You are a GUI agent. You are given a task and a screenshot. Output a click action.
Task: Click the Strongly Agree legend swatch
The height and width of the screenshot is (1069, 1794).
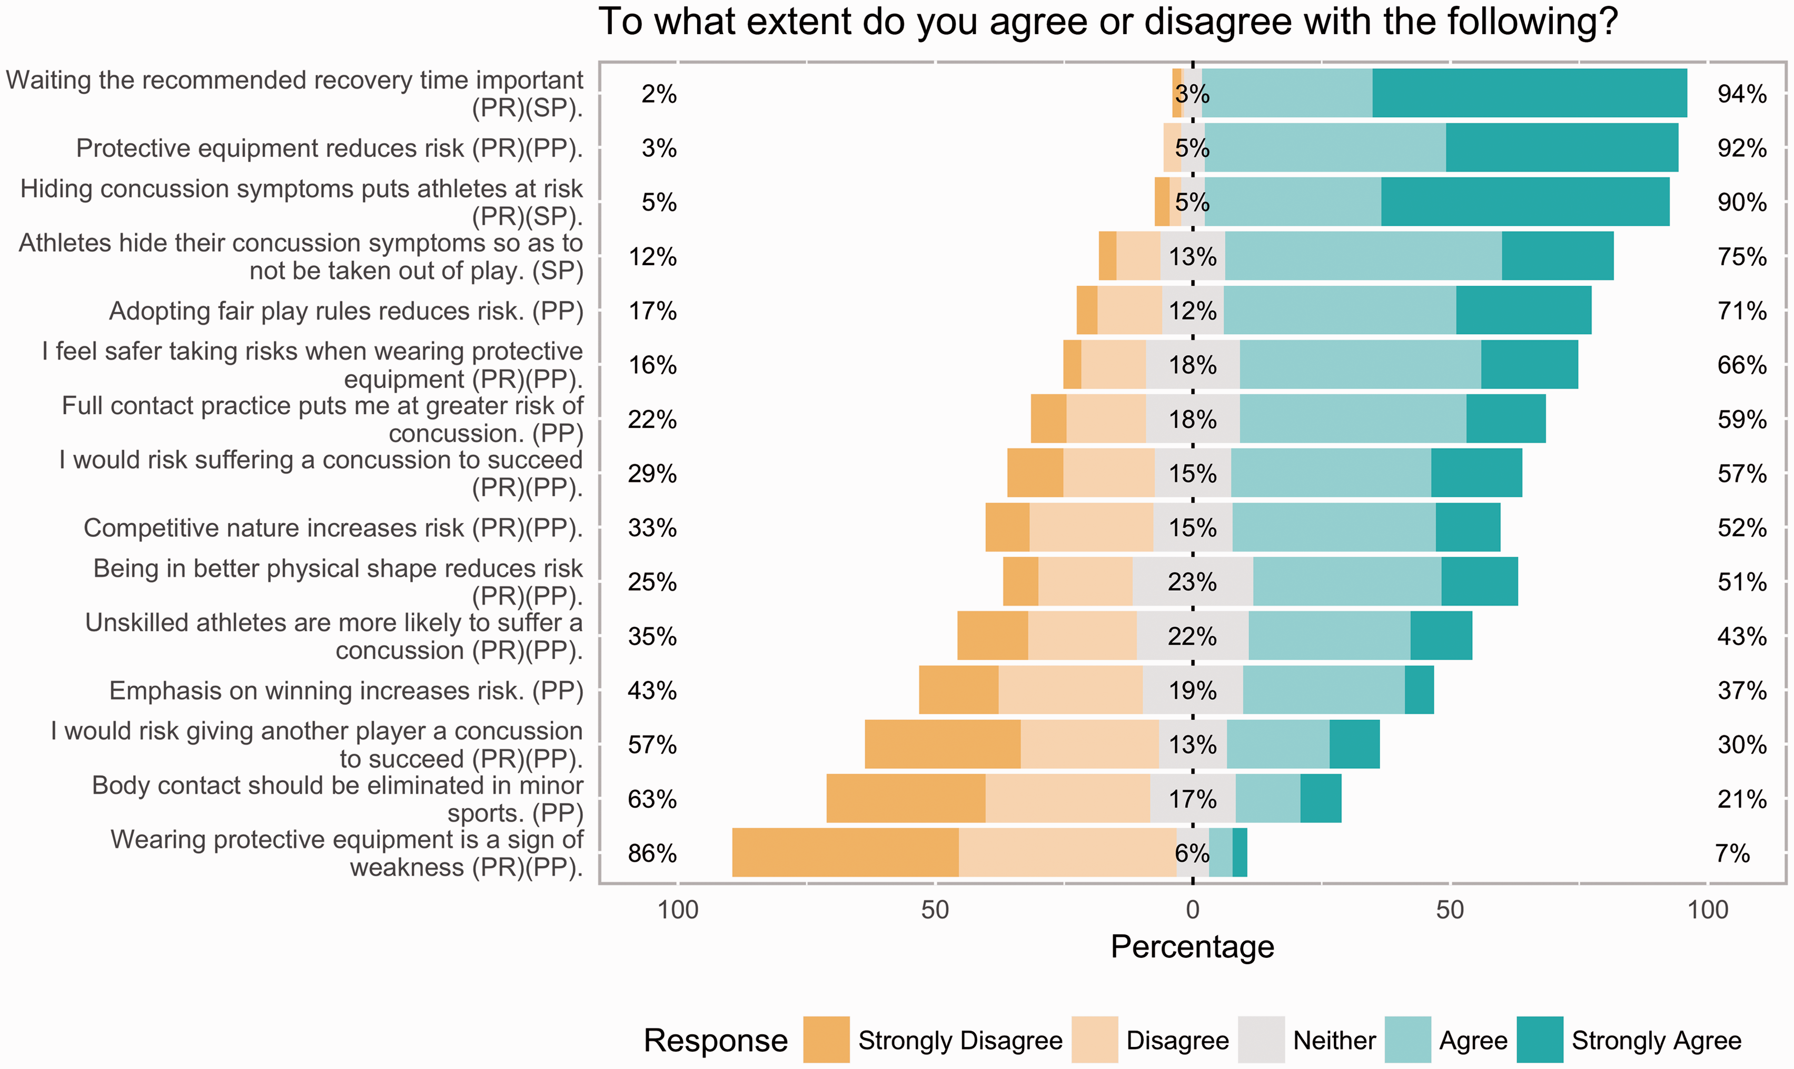(x=1540, y=1040)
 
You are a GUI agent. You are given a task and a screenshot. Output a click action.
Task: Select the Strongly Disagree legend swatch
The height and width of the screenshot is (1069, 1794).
(x=826, y=1040)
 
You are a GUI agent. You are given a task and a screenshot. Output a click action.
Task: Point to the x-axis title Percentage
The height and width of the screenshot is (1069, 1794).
(x=1192, y=946)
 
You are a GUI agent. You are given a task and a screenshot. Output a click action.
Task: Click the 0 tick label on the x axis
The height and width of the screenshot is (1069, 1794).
(x=1192, y=910)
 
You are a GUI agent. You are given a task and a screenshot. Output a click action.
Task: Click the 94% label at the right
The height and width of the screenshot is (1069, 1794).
(x=1741, y=94)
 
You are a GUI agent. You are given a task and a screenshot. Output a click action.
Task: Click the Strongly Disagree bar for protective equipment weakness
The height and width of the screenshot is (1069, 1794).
(x=845, y=852)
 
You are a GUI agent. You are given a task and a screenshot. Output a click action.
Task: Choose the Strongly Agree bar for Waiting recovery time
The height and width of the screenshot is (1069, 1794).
(x=1530, y=93)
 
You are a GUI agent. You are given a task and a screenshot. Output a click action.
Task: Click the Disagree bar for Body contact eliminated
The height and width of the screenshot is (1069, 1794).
(x=1068, y=798)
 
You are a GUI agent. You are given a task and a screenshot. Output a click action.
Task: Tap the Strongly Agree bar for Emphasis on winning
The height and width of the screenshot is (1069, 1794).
(x=1419, y=690)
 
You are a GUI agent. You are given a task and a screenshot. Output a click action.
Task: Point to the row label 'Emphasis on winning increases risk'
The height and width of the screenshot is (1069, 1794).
(x=346, y=690)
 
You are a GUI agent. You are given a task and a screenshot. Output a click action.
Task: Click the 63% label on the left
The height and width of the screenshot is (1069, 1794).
(x=652, y=799)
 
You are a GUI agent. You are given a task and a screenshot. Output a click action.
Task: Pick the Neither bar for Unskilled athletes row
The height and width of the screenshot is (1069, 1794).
(x=1192, y=635)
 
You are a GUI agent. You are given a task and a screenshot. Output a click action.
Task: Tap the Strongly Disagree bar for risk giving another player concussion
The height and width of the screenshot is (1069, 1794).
(x=943, y=744)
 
